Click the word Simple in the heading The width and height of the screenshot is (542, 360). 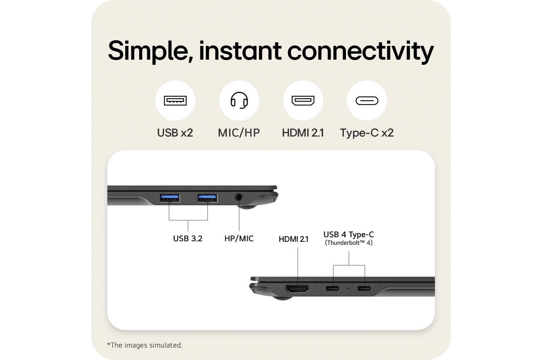148,51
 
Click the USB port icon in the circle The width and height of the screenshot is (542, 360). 175,101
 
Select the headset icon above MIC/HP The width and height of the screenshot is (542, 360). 239,100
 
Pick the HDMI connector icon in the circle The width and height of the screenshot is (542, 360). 303,101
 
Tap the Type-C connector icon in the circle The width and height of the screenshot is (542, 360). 367,101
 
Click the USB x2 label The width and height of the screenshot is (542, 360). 175,133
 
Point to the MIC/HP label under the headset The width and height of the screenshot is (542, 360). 239,133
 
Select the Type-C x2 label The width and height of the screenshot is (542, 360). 367,133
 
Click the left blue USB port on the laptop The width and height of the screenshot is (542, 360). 169,198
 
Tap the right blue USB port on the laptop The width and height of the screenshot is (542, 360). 207,198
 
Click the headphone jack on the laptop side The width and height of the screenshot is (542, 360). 239,197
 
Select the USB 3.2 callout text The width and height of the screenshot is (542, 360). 188,239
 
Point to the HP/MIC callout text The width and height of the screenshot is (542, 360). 239,239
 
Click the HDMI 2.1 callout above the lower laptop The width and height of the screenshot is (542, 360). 293,239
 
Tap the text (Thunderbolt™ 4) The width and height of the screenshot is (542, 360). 349,243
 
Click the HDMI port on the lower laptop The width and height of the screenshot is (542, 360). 297,289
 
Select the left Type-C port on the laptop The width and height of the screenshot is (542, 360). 333,289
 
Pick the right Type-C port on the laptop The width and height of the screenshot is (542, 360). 364,289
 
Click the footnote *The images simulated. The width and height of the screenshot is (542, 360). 145,345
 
